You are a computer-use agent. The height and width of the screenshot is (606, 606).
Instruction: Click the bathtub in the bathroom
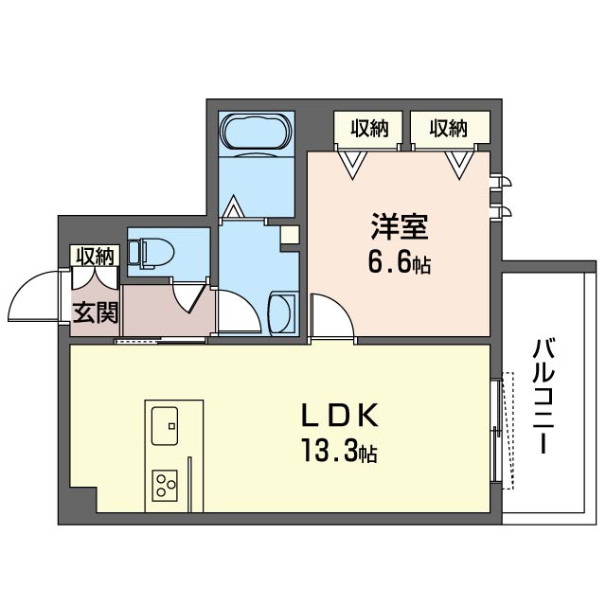point(257,131)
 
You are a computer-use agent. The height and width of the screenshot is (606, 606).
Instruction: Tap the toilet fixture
point(151,253)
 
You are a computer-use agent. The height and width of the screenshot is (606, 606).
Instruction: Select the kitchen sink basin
point(165,426)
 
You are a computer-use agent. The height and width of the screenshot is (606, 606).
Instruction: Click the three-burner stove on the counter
point(165,486)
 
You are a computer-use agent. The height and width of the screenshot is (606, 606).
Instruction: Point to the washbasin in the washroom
point(283,313)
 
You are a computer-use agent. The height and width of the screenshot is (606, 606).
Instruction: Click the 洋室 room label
point(400,227)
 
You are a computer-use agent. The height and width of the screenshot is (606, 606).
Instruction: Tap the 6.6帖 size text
point(400,264)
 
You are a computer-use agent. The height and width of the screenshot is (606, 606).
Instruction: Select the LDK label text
point(340,416)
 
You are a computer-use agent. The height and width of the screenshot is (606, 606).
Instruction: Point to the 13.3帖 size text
point(340,451)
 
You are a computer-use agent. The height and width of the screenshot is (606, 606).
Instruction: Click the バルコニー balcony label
point(544,395)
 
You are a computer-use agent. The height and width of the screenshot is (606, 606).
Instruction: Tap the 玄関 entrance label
point(96,312)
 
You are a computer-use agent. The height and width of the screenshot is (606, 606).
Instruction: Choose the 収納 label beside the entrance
point(95,257)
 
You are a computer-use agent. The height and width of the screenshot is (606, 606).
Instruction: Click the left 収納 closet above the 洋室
point(369,129)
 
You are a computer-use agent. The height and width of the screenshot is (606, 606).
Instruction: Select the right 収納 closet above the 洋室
point(449,129)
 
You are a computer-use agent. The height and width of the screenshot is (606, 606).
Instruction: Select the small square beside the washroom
point(290,234)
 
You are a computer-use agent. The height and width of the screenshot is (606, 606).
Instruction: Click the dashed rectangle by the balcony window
point(508,431)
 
